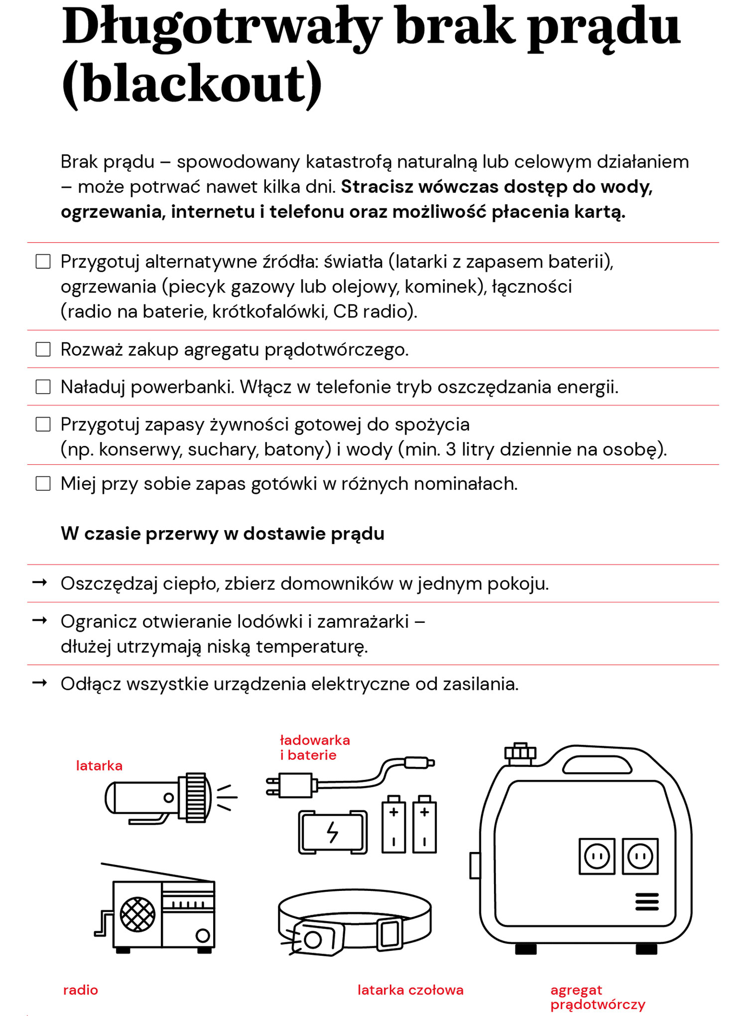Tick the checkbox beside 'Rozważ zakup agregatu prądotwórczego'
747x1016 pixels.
(x=43, y=349)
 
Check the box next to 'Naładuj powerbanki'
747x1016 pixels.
(x=43, y=387)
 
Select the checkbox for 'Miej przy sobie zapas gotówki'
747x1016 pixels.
(x=43, y=483)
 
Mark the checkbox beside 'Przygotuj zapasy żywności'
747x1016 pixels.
(x=43, y=425)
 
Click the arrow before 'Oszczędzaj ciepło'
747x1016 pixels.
(x=40, y=582)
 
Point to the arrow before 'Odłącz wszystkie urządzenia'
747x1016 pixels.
(x=40, y=683)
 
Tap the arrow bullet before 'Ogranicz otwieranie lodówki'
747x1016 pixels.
(x=40, y=620)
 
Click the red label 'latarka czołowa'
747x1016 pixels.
(x=410, y=990)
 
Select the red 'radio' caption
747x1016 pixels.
(x=81, y=990)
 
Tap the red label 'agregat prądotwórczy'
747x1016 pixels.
(x=597, y=997)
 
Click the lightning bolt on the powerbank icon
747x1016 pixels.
(x=332, y=832)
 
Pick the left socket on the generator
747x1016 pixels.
(x=597, y=857)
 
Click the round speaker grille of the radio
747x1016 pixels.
(x=138, y=914)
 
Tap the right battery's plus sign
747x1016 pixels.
(x=424, y=812)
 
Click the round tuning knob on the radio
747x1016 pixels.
(x=203, y=935)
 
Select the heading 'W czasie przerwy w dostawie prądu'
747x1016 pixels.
(x=223, y=534)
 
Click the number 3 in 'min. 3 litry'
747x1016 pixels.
(x=451, y=449)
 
